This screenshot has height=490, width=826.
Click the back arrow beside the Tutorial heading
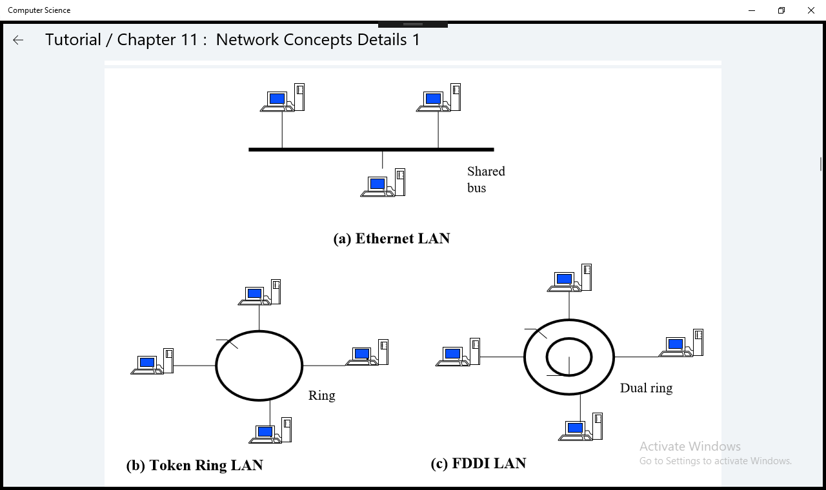point(18,40)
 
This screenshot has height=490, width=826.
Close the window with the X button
point(811,10)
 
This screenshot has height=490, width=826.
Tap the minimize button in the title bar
point(752,10)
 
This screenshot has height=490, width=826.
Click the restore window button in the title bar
point(781,10)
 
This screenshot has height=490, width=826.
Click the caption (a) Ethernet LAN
point(391,239)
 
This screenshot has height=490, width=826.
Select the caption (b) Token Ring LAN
point(194,465)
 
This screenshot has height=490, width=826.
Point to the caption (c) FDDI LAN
point(478,464)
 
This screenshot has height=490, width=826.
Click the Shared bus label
point(485,179)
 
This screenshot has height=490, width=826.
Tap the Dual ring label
point(646,388)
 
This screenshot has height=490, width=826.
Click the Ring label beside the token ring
point(321,396)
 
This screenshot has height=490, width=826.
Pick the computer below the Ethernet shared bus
point(383,183)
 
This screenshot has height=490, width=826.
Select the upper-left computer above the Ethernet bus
point(282,98)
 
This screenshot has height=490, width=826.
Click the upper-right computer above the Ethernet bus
point(438,98)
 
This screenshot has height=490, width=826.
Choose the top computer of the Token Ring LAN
point(259,293)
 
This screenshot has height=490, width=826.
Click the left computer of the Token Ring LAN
point(152,362)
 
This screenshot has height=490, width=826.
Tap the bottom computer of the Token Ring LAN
point(270,431)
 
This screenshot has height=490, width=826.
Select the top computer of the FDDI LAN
point(569,279)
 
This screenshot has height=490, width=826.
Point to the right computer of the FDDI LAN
point(681,343)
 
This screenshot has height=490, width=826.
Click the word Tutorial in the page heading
point(73,40)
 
